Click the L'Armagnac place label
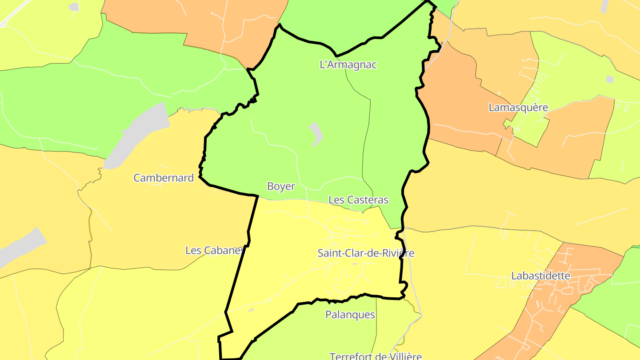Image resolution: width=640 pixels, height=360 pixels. pos(348,64)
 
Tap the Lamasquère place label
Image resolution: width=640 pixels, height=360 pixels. pos(518,108)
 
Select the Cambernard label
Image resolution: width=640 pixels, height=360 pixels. pos(164,178)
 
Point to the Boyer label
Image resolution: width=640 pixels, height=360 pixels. pos(281,187)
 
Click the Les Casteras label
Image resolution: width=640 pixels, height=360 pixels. pos(358,200)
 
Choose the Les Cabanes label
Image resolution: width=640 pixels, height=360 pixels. pos(215,250)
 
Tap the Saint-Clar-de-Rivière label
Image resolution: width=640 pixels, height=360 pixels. pos(366,253)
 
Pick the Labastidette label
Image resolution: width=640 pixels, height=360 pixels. pos(540,276)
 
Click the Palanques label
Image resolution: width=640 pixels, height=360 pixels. pos(350,315)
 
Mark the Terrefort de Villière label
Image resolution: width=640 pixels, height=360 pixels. pos(376,356)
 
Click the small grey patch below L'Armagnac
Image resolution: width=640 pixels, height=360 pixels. pos(316,133)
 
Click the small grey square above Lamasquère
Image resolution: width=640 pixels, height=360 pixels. pos(609,79)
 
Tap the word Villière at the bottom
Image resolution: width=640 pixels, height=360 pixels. pos(402,356)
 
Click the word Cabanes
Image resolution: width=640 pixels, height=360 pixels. pos(224,250)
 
